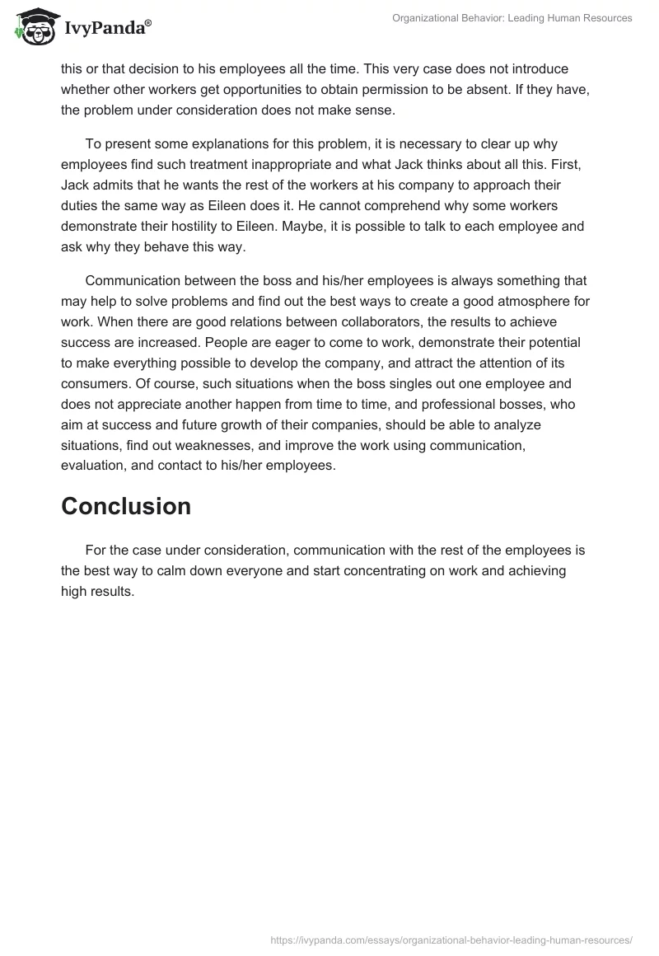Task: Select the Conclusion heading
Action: pyautogui.click(x=126, y=506)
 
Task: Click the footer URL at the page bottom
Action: pyautogui.click(x=451, y=939)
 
